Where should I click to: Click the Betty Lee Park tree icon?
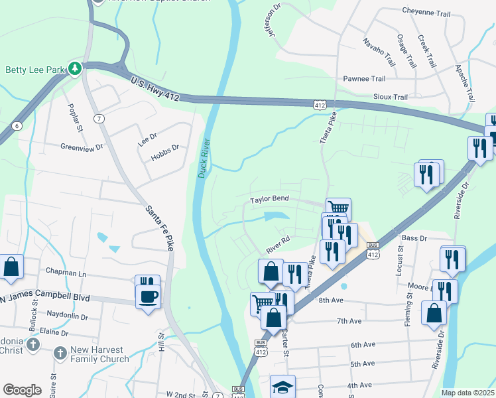click(x=76, y=68)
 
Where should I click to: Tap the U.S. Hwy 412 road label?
click(x=155, y=88)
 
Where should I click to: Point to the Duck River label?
click(x=204, y=158)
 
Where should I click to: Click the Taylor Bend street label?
click(x=269, y=199)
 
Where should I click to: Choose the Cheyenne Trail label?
click(x=430, y=11)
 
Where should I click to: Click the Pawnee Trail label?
click(x=364, y=78)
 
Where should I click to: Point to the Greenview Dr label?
click(x=82, y=147)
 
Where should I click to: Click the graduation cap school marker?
click(x=282, y=387)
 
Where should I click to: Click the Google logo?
click(x=22, y=389)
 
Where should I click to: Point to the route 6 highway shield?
click(x=16, y=125)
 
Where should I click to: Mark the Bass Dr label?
click(x=414, y=237)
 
